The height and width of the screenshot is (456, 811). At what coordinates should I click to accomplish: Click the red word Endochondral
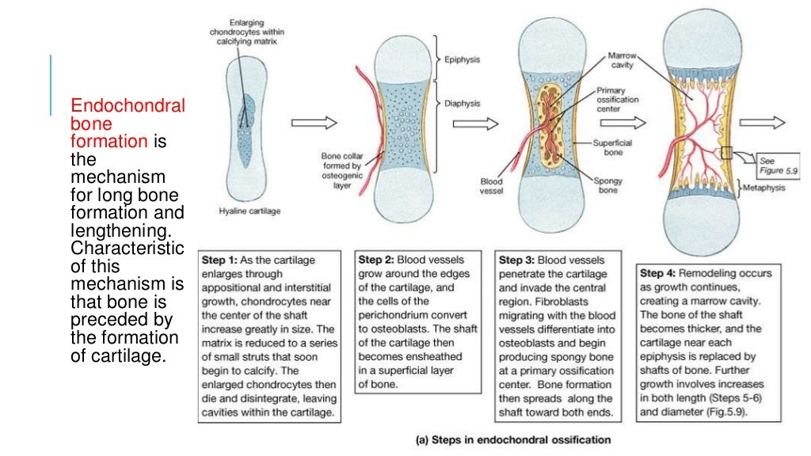128,107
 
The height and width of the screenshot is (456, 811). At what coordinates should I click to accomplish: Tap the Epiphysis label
462,59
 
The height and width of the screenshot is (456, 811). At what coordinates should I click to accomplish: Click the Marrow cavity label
623,61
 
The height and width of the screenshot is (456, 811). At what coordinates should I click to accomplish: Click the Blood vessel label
491,186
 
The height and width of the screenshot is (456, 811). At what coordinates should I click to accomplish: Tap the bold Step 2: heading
376,260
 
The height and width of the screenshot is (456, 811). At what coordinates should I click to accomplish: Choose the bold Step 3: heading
517,260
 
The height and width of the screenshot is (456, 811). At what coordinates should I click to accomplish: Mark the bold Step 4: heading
660,273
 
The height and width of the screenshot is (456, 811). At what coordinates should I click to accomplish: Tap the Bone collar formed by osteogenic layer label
341,166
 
